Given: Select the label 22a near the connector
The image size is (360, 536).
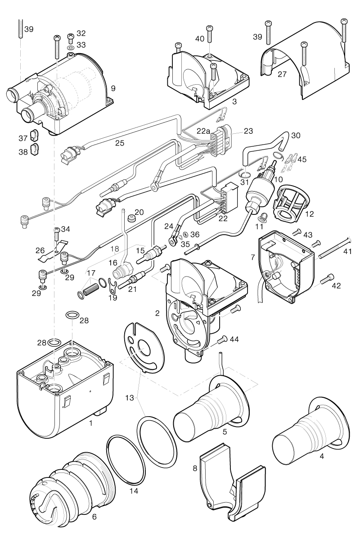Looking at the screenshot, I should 204,131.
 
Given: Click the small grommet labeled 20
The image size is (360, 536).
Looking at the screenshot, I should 132,219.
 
